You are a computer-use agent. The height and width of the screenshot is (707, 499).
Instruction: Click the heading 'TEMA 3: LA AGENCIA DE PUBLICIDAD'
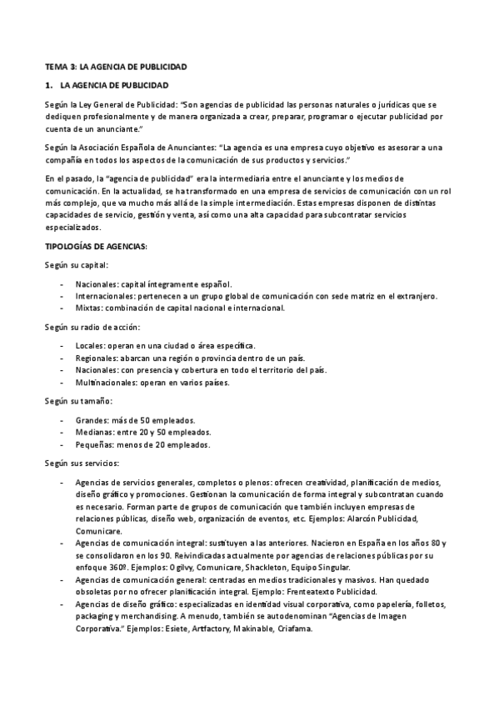tap(116, 66)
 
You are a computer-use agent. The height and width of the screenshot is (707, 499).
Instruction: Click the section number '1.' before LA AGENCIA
tap(49, 86)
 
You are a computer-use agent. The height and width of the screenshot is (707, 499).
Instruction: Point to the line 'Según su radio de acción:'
tap(92, 327)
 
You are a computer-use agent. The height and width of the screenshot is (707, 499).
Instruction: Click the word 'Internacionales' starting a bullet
tap(102, 296)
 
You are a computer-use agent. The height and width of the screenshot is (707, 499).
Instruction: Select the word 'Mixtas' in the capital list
tap(87, 308)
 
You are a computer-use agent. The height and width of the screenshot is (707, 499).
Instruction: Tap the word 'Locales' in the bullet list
tap(89, 345)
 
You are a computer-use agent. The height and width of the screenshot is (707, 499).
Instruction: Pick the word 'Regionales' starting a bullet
tap(94, 358)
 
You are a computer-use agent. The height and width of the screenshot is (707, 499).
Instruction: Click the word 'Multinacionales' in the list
tap(102, 383)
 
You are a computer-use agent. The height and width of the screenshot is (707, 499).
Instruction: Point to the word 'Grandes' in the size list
tap(90, 420)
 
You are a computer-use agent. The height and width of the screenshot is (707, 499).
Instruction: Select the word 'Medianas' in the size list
tap(92, 432)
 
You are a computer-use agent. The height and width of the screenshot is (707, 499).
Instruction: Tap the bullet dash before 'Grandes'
tap(62, 420)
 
